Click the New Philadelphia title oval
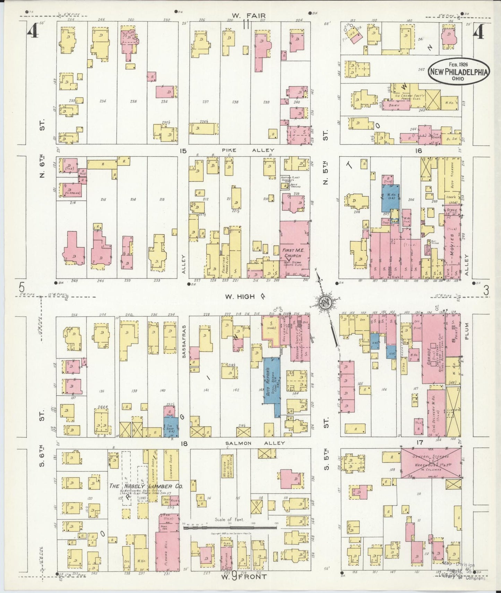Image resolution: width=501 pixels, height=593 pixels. [x=459, y=71]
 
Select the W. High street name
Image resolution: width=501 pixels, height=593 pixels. [x=244, y=296]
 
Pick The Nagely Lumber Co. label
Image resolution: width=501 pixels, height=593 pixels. [x=146, y=486]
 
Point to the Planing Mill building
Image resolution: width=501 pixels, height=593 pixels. [x=167, y=551]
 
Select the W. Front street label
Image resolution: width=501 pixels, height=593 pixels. [x=244, y=576]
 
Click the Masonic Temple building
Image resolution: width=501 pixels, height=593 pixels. [x=300, y=338]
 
